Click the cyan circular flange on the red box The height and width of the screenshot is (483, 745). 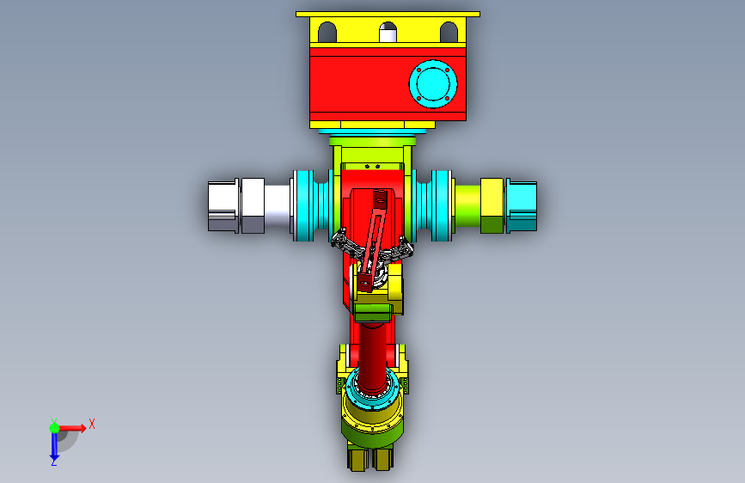pyautogui.click(x=433, y=84)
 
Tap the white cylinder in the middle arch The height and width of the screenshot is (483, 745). pyautogui.click(x=388, y=34)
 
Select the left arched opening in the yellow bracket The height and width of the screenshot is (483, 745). pyautogui.click(x=327, y=33)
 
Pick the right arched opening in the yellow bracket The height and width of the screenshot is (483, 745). pyautogui.click(x=449, y=33)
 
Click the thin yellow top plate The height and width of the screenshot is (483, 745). pyautogui.click(x=388, y=15)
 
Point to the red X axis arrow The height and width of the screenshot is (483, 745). pyautogui.click(x=71, y=428)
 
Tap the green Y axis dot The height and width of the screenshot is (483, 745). pyautogui.click(x=54, y=428)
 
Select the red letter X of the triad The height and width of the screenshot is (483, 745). pyautogui.click(x=92, y=424)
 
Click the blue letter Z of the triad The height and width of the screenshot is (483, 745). pyautogui.click(x=54, y=462)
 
